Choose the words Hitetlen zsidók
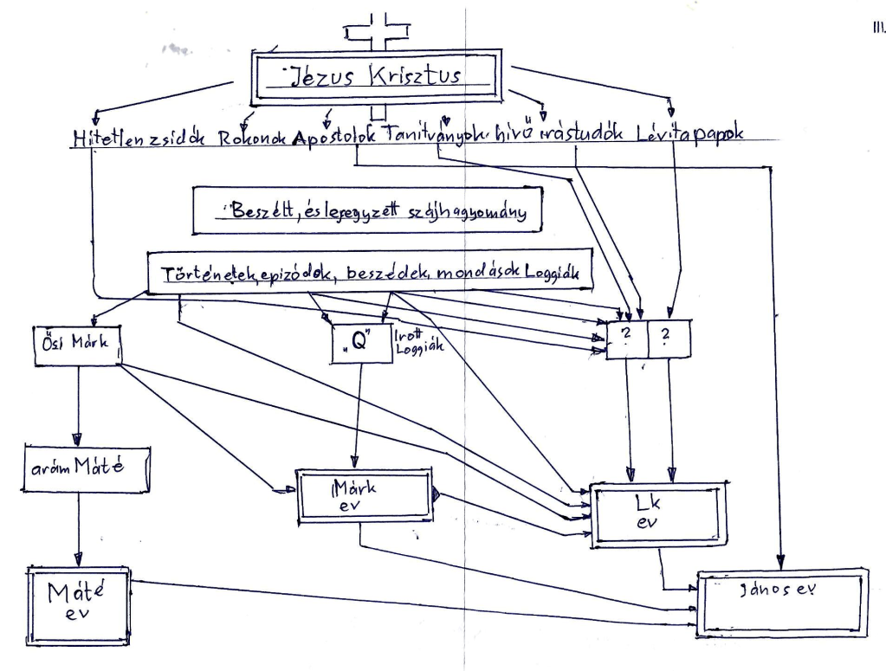(139, 139)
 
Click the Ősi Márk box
(75, 345)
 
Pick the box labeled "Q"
(358, 344)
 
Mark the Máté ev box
(77, 605)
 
